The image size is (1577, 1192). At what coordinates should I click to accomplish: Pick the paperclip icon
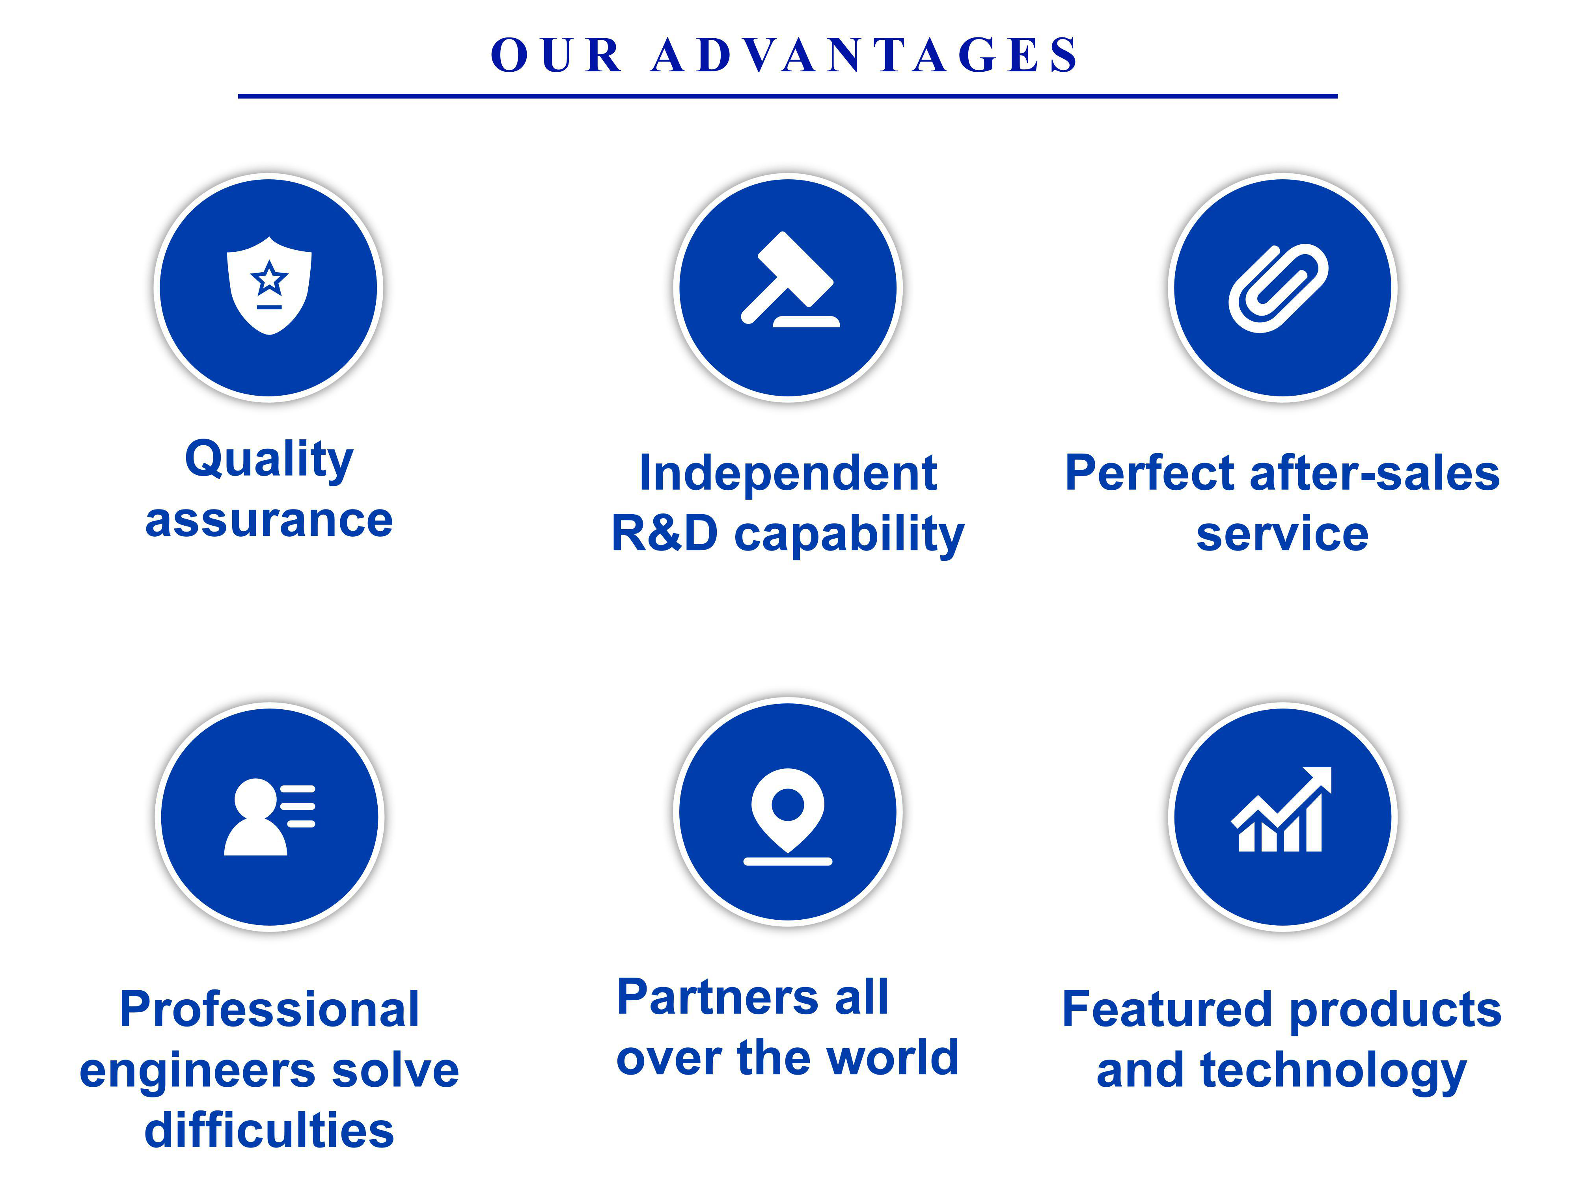coord(1278,288)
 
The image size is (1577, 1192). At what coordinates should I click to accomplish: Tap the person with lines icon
coord(270,816)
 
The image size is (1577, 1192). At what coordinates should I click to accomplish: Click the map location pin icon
coord(788,816)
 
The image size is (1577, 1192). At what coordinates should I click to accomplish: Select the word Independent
coord(788,473)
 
